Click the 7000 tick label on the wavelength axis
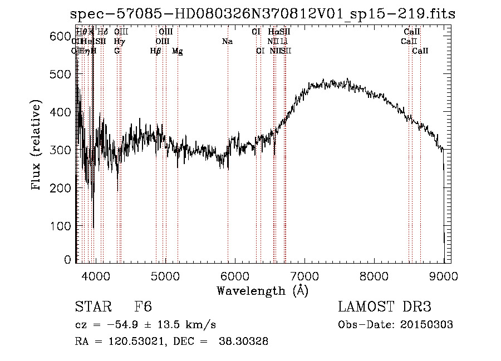304,275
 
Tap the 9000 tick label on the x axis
444,275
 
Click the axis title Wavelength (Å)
262,290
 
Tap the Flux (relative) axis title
37,146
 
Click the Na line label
227,42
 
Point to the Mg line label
178,51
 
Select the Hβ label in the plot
155,51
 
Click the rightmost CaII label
420,51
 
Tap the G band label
117,51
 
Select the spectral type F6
143,308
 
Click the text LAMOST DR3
384,307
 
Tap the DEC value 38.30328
245,342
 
